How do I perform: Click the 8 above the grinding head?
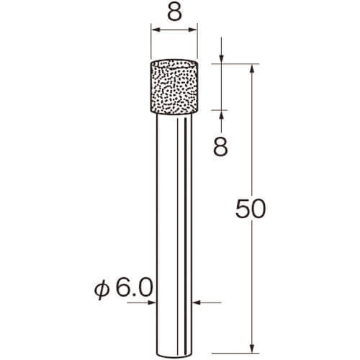coord(174,12)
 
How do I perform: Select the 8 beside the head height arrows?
coord(220,148)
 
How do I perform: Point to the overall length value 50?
coord(251,209)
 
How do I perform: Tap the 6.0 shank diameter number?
coord(135,287)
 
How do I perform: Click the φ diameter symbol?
coord(102,289)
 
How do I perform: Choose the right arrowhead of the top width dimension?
coord(192,30)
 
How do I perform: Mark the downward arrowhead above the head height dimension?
coord(221,58)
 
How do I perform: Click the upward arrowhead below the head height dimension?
coord(221,115)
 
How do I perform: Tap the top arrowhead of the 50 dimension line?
coord(252,69)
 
